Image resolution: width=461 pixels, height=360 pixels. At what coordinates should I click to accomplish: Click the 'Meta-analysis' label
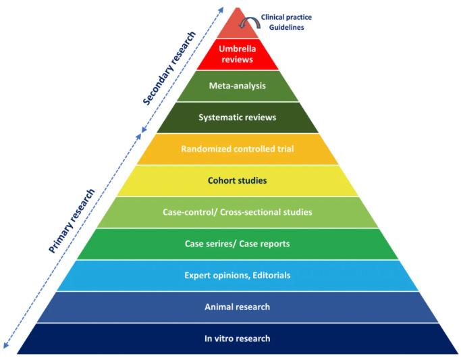coord(237,86)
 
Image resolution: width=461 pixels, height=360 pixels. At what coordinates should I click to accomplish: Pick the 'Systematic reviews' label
coord(237,118)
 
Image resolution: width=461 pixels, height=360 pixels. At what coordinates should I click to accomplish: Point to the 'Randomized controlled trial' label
coord(237,149)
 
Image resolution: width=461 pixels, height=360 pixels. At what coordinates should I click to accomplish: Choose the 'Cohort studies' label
coord(237,180)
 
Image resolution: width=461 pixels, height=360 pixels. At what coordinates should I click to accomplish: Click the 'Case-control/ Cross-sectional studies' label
coord(237,212)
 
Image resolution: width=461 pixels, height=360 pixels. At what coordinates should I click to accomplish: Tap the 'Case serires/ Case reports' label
coord(237,244)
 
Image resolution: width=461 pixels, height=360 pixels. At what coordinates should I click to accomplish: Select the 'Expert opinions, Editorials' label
coord(237,276)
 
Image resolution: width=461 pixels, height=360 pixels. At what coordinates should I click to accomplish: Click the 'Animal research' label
coord(237,307)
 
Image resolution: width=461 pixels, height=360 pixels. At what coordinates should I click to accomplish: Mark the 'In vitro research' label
coord(237,338)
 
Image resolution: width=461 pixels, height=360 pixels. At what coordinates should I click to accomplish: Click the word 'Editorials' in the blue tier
coord(269,276)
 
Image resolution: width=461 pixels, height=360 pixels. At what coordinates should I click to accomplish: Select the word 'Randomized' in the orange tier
coord(205,149)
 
